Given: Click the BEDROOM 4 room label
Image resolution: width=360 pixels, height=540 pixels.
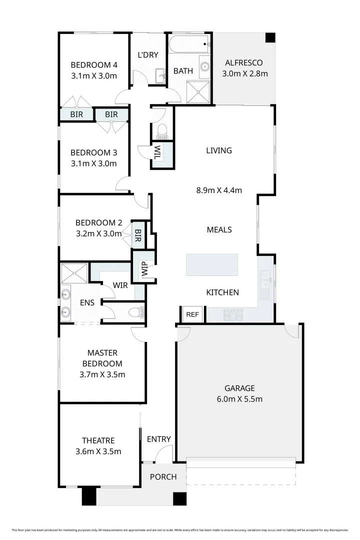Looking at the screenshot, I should coord(93,64).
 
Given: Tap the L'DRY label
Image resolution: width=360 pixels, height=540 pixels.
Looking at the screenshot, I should coord(148,54).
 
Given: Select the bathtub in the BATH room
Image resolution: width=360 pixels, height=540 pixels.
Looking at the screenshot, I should coord(188,44).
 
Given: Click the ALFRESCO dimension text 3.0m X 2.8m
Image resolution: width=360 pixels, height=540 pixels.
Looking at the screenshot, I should coord(245,73).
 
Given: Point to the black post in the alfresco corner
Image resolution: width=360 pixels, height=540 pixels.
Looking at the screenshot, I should coord(270,38).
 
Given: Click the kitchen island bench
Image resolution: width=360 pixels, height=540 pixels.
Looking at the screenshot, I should coord(212,264).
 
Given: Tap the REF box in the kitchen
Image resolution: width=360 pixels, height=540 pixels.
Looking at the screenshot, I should coord(192,314).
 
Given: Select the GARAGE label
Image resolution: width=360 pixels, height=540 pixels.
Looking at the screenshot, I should coord(239,388).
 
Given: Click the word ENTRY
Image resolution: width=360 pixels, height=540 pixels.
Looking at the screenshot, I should coord(158,439).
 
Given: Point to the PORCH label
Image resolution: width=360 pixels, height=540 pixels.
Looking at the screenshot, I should coord(163,477).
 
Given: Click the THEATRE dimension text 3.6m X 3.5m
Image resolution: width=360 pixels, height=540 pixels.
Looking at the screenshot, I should coord(98,451).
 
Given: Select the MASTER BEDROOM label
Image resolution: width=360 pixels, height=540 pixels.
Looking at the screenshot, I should coord(102,358).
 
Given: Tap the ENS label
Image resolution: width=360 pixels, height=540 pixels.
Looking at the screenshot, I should coord(87,302).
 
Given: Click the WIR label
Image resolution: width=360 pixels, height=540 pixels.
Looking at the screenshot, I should coord(120,285).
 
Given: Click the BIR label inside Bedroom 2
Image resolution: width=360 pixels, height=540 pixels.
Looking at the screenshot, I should coord(138,234).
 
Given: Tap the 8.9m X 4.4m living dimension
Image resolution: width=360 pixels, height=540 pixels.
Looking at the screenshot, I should coord(218,190).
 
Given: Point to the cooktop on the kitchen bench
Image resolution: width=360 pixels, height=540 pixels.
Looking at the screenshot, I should coord(232,315).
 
